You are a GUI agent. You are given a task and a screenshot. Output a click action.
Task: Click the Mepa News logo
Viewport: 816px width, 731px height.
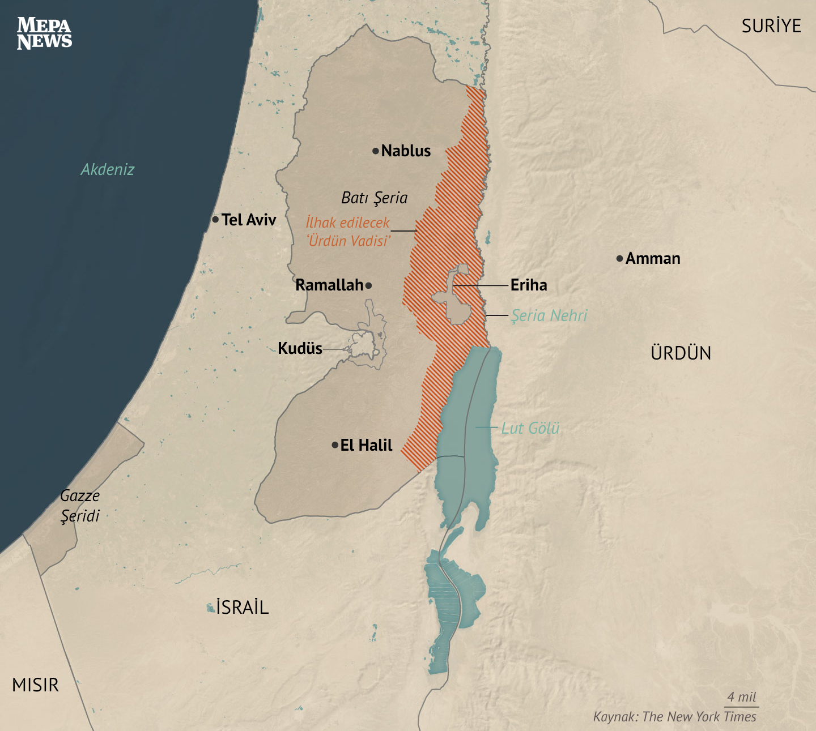click(44, 33)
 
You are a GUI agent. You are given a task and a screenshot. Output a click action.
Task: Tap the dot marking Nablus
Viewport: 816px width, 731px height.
click(375, 151)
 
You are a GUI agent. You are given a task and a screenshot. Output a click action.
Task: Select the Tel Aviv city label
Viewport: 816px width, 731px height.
click(249, 220)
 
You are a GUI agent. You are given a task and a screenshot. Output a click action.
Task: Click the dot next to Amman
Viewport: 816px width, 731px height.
click(619, 259)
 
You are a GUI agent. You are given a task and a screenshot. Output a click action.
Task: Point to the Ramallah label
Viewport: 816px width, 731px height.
click(329, 285)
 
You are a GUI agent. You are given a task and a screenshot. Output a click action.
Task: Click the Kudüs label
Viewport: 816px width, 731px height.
click(300, 348)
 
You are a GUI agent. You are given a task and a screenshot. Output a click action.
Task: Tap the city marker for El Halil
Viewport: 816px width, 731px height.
click(335, 445)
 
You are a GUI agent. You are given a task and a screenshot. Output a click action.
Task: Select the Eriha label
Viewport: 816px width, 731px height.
click(529, 285)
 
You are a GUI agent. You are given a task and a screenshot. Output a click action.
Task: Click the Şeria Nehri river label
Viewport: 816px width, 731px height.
click(549, 315)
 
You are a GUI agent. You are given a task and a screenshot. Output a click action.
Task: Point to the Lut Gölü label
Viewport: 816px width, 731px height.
click(530, 428)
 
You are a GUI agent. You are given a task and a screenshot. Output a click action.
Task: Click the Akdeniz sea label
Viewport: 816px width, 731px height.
click(108, 169)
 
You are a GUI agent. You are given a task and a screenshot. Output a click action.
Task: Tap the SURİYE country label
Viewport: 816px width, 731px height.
click(771, 26)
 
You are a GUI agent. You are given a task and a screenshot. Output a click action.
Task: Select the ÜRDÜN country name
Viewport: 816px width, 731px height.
click(681, 353)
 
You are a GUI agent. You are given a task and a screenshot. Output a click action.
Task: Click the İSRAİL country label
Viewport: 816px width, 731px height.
click(242, 608)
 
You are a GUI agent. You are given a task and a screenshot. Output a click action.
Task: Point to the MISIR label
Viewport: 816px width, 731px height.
click(35, 685)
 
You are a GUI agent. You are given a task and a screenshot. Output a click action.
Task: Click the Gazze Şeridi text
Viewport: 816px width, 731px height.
click(80, 506)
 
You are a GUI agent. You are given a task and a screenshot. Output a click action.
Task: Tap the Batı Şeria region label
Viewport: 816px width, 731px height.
click(374, 198)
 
